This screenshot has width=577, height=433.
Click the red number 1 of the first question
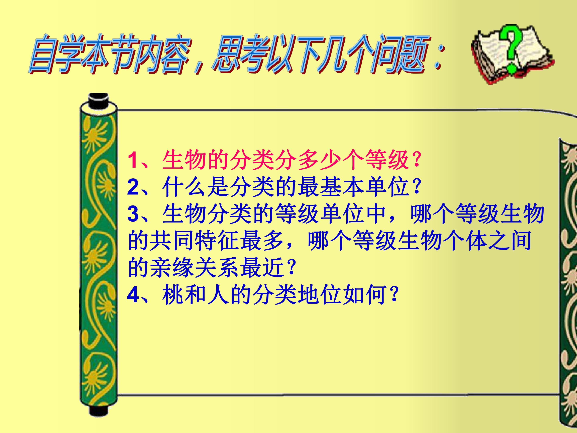(x=133, y=160)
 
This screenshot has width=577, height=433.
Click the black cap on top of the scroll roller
(x=99, y=100)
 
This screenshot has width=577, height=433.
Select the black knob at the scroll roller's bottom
(x=99, y=410)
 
